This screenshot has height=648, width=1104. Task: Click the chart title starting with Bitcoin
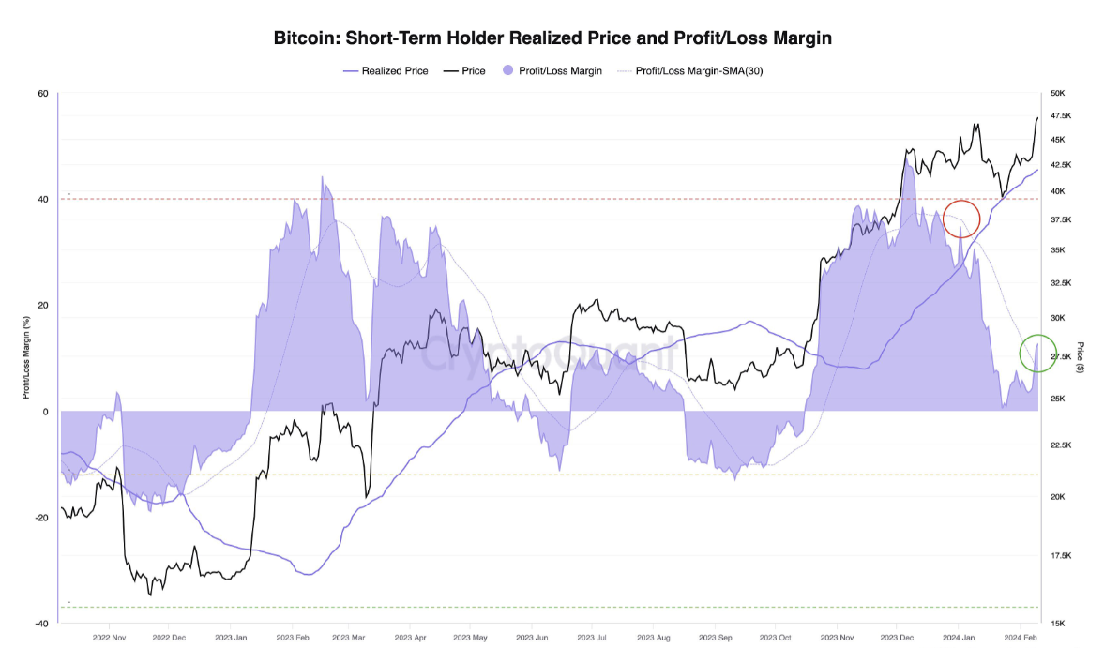pyautogui.click(x=552, y=38)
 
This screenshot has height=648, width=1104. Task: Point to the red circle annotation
pyautogui.click(x=961, y=219)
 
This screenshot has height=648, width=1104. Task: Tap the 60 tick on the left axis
pyautogui.click(x=43, y=94)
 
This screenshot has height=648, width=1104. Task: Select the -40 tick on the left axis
pyautogui.click(x=41, y=623)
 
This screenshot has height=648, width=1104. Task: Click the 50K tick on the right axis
pyautogui.click(x=1059, y=94)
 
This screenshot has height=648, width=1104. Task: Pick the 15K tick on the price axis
pyautogui.click(x=1059, y=623)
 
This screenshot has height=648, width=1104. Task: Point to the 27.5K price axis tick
pyautogui.click(x=1062, y=357)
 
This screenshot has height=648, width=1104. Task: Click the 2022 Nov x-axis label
pyautogui.click(x=109, y=637)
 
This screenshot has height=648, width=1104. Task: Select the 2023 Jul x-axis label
pyautogui.click(x=593, y=637)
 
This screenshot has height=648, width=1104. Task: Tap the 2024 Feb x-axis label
pyautogui.click(x=1020, y=637)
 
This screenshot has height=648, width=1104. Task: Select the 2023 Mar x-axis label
pyautogui.click(x=348, y=637)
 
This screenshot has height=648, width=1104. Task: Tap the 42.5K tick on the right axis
pyautogui.click(x=1062, y=165)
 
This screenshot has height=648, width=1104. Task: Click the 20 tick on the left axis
pyautogui.click(x=43, y=306)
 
